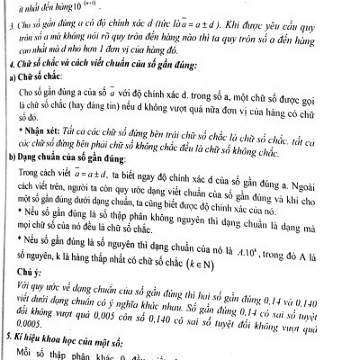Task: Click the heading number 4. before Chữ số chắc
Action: pos(7,66)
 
